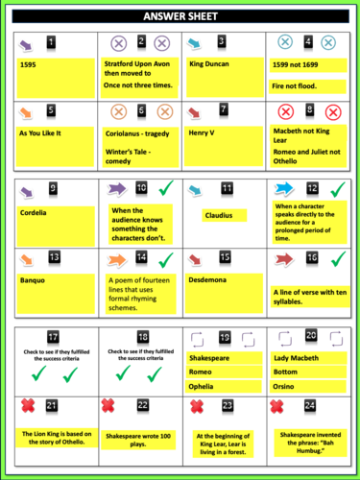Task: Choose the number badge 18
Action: (142, 337)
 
